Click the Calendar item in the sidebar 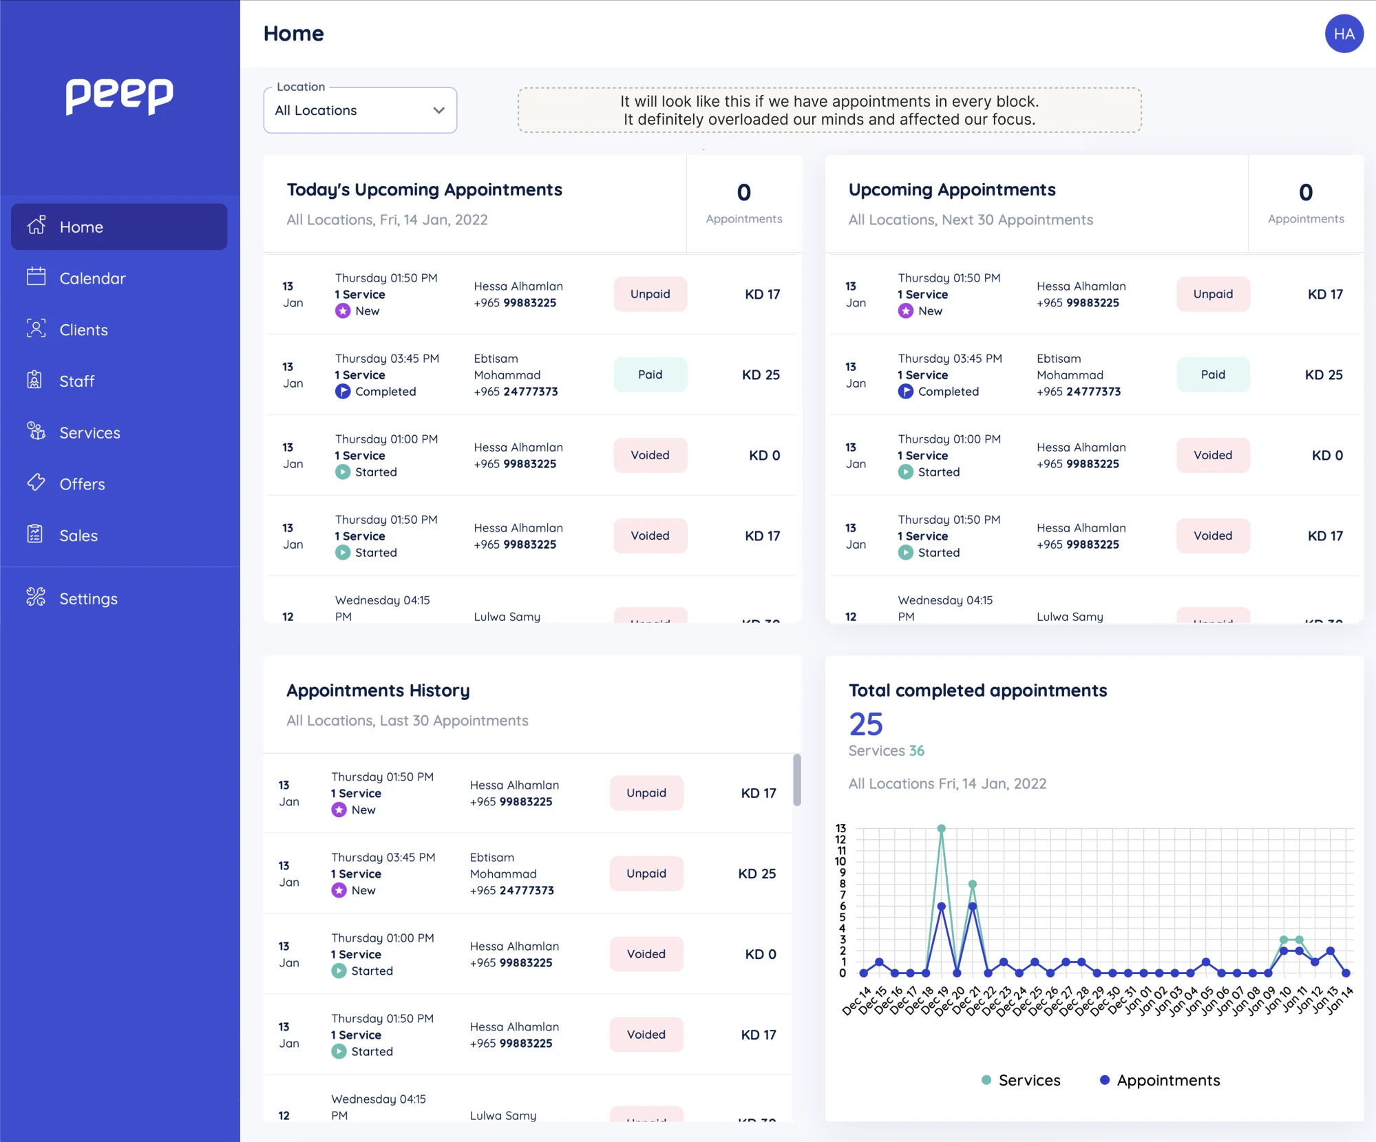pos(92,278)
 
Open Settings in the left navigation pos(87,598)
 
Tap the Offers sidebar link pos(81,484)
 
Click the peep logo pos(119,96)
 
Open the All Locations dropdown pos(360,110)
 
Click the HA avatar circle pos(1343,34)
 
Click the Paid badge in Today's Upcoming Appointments pos(649,374)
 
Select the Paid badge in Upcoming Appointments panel pos(1212,374)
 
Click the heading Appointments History pos(378,690)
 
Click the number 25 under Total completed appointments pos(865,724)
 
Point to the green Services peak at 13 pos(941,829)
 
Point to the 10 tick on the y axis pos(840,861)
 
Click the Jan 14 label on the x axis pos(1340,1000)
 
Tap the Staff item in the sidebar pos(76,381)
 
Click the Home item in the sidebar pos(81,226)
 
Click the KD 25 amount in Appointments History pos(756,874)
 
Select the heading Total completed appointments pos(977,690)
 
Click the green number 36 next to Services pos(916,750)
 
